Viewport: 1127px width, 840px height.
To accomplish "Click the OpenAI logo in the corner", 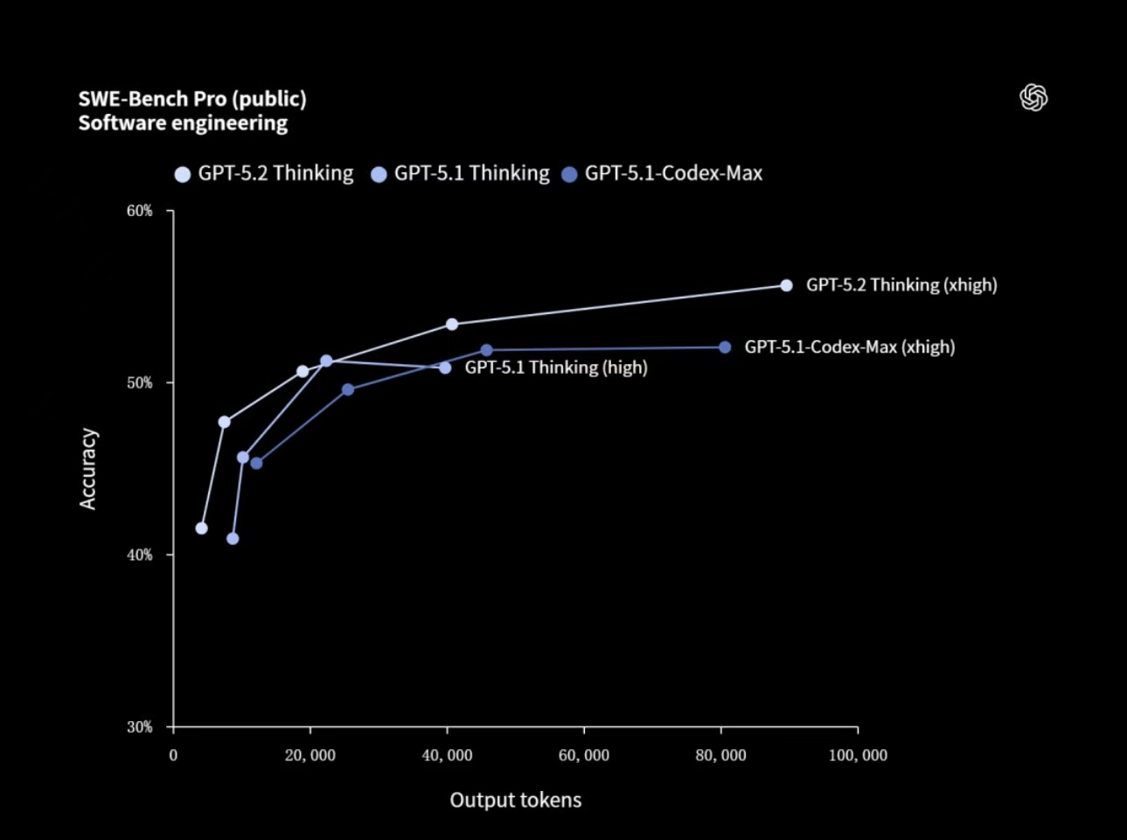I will tap(1033, 97).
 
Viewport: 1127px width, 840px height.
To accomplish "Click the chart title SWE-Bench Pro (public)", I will tap(192, 99).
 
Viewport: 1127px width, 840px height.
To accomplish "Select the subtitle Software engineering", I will tap(183, 123).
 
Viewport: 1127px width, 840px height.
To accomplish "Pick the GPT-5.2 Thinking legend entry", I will tap(264, 173).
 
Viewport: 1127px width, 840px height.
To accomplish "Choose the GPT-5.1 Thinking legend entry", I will tap(461, 173).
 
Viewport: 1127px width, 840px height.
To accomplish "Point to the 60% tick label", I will tap(140, 211).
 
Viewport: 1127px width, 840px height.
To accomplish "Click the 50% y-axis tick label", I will tap(140, 383).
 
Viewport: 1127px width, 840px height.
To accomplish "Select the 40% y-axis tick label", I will tap(140, 555).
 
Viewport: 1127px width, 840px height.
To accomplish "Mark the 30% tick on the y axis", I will tap(140, 727).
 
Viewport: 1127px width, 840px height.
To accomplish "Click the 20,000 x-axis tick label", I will tap(310, 756).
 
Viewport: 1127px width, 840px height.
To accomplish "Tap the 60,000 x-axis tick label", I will tap(584, 756).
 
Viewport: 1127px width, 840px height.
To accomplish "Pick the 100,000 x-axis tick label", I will tap(858, 756).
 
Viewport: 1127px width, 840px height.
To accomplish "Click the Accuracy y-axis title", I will tap(88, 469).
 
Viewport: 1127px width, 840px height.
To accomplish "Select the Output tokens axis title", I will tap(515, 800).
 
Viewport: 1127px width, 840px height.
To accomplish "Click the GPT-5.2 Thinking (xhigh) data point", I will tap(786, 285).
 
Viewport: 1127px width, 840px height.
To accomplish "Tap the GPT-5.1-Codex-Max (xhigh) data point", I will tap(725, 347).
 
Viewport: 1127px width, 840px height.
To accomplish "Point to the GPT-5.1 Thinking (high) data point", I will tap(445, 367).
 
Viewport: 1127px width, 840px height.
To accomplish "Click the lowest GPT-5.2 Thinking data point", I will tap(202, 528).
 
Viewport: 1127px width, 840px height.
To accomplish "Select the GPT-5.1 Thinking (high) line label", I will tap(556, 367).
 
